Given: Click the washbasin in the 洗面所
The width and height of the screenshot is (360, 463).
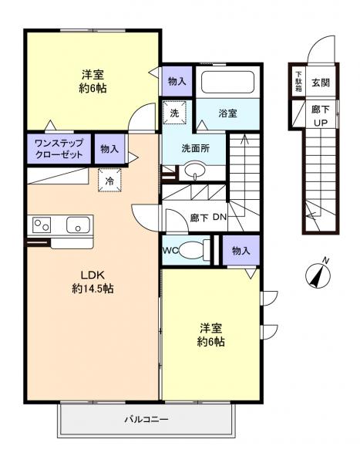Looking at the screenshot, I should (x=197, y=171).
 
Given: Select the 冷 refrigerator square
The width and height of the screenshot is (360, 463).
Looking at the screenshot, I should (x=109, y=180).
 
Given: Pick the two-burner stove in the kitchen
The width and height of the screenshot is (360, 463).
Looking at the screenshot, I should (x=41, y=225).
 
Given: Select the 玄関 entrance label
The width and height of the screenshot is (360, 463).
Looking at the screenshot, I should (x=319, y=79).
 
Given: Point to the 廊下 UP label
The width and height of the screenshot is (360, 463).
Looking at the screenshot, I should (x=320, y=116).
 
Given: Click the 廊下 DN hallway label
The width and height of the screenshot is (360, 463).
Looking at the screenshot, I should (x=208, y=217).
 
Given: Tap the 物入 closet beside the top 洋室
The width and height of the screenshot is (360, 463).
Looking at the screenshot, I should (x=177, y=80).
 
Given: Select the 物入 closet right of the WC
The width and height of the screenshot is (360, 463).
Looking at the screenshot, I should (x=241, y=251).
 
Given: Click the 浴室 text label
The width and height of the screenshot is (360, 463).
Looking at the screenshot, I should (x=227, y=113).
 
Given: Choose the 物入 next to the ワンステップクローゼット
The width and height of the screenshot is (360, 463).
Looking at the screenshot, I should (x=109, y=149).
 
